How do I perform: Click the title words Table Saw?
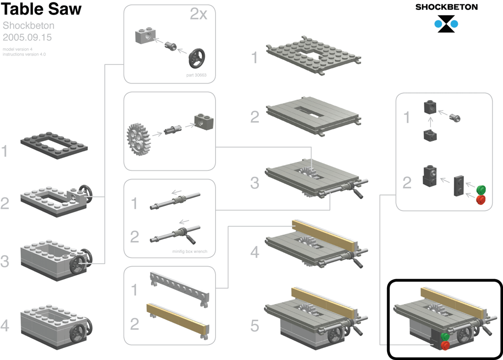tap(41, 9)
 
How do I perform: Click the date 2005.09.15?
tap(27, 37)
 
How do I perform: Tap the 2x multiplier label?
tap(198, 14)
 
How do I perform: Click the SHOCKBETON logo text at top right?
tap(446, 7)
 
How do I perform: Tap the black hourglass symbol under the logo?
tap(446, 24)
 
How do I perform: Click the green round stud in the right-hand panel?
tap(481, 190)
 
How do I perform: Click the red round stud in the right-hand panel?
tap(481, 199)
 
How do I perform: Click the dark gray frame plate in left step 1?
tap(54, 144)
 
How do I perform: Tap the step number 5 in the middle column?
tap(254, 326)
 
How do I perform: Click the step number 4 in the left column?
tap(5, 326)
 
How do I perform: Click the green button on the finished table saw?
tap(445, 337)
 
